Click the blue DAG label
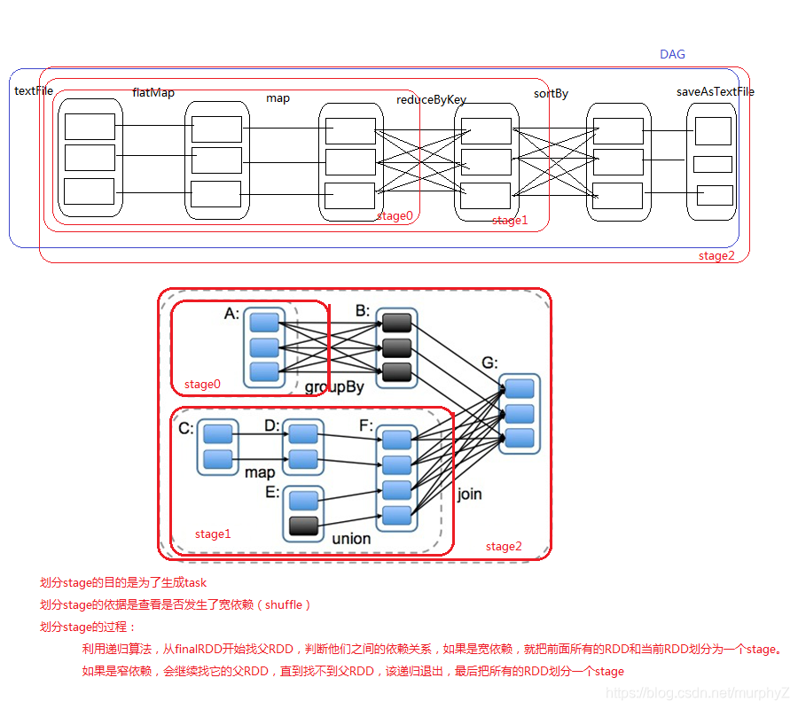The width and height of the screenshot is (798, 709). (672, 54)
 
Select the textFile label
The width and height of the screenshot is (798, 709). (34, 90)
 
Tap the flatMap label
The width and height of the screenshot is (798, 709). (153, 92)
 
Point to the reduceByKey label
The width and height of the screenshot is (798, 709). (431, 100)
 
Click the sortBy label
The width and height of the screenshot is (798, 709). (551, 93)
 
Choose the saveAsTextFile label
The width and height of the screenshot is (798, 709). (715, 91)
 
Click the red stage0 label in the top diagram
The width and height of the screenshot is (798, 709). (395, 215)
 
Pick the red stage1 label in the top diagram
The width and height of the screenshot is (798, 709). (510, 221)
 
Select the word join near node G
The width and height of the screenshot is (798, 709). (470, 494)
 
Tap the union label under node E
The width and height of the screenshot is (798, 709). (351, 538)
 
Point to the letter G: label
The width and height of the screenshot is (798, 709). (490, 362)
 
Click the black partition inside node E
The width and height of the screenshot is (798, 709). (304, 526)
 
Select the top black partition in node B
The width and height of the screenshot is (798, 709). (396, 323)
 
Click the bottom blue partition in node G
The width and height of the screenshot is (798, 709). (520, 438)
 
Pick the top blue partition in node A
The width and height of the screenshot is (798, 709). (264, 323)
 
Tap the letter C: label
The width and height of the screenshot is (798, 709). (186, 429)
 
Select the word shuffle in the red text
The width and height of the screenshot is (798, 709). (284, 604)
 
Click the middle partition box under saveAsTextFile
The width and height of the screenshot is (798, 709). (712, 164)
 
